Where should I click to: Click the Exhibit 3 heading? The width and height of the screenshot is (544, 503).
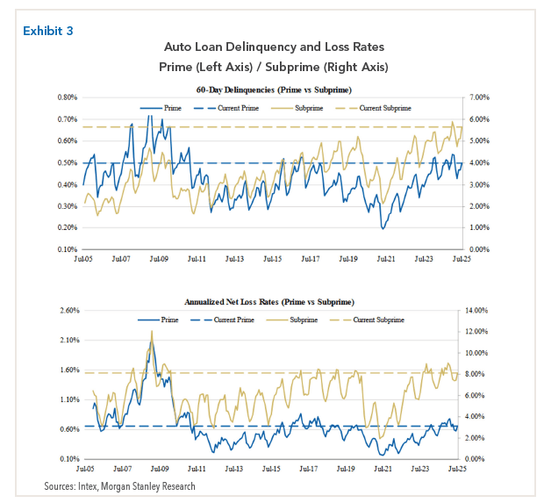coord(48,30)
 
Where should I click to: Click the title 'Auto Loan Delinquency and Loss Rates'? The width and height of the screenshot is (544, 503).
coord(274,46)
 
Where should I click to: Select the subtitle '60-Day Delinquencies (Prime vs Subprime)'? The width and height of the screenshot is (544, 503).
coord(274,90)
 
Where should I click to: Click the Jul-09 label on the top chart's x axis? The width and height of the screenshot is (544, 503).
coord(159,260)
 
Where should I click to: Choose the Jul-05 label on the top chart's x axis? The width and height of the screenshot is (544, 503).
coord(83,260)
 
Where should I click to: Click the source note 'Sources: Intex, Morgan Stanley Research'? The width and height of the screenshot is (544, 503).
coord(120,486)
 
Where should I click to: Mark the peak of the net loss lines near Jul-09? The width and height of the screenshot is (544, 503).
coord(152,332)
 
